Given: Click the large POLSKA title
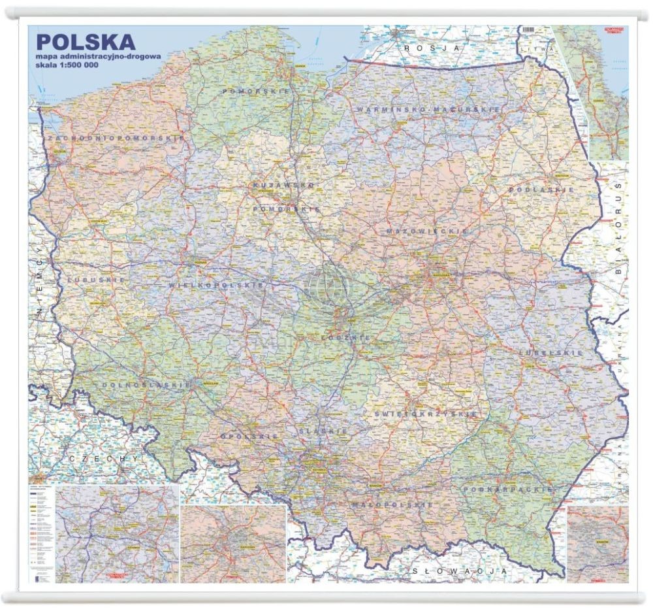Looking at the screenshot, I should (x=86, y=42).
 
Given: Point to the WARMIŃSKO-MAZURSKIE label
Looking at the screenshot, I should (x=428, y=109).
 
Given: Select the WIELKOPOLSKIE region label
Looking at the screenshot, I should (x=216, y=286).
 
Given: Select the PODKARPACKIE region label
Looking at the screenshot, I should (x=508, y=489).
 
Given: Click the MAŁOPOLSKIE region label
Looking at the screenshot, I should (x=391, y=505).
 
